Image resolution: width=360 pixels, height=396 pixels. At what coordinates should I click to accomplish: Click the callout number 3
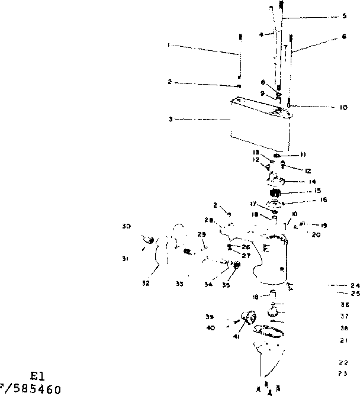pos(170,119)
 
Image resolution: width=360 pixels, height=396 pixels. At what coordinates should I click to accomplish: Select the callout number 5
pos(344,17)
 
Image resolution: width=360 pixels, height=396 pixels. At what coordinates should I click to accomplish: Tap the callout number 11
pos(303,154)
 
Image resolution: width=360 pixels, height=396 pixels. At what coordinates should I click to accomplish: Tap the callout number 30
pos(126,226)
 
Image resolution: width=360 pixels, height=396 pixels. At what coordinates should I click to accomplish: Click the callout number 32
pos(145,284)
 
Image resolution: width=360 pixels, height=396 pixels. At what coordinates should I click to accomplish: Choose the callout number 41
pos(236,337)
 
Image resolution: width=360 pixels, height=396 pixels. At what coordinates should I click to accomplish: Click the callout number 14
pos(312,182)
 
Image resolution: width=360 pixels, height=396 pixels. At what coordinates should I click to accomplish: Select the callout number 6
pos(344,37)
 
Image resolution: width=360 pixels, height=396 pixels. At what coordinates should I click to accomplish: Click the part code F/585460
pos(30,390)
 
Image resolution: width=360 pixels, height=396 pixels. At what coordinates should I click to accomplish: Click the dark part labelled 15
pos(275,192)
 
